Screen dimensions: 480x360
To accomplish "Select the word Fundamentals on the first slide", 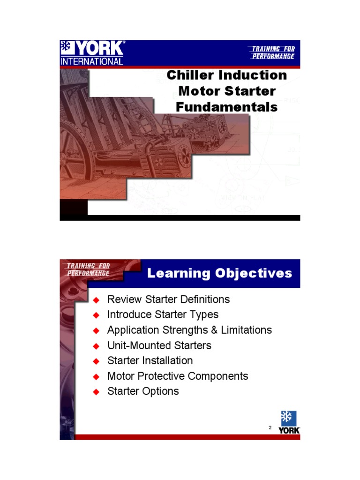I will point(226,107).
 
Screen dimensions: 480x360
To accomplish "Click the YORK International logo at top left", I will point(92,52).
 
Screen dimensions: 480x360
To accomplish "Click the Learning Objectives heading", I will point(219,273).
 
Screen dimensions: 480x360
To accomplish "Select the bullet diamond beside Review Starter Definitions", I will point(97,300).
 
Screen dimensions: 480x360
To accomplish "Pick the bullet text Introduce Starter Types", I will point(163,314).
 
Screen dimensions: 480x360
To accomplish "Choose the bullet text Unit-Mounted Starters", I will point(159,345).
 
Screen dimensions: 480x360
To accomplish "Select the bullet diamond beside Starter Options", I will point(97,392).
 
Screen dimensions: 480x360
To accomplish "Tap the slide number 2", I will point(270,427).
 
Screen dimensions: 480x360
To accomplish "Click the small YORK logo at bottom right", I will point(289,422).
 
